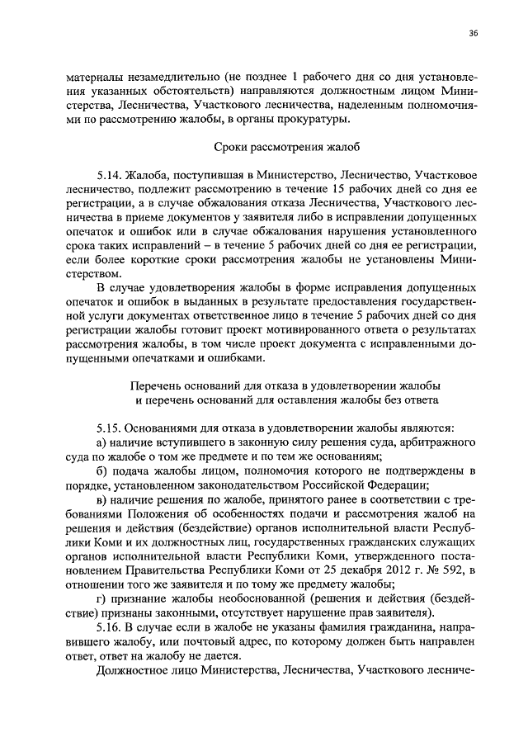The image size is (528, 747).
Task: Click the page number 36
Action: [x=473, y=33]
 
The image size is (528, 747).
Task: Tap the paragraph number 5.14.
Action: [x=110, y=177]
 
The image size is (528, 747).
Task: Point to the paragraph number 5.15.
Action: [x=110, y=428]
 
